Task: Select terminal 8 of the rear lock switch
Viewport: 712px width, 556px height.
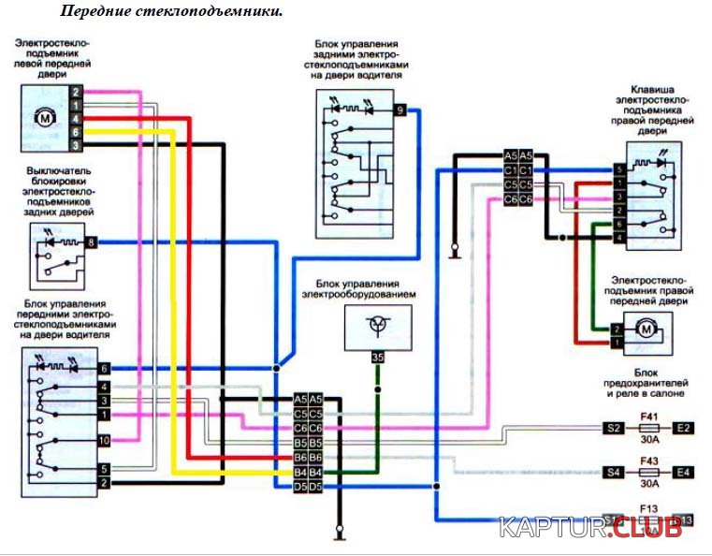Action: coord(91,242)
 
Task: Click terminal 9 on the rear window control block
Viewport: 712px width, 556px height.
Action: coord(400,110)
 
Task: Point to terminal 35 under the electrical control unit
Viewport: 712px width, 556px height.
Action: coord(377,357)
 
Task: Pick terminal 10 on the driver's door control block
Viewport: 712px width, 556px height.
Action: coord(104,439)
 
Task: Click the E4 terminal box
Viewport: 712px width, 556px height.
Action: coord(683,472)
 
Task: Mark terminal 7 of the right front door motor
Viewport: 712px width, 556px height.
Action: coord(616,330)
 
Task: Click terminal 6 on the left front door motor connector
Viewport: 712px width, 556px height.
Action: coord(76,133)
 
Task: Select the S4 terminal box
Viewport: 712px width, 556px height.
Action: coord(614,472)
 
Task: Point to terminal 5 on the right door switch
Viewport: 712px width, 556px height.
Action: coord(618,169)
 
